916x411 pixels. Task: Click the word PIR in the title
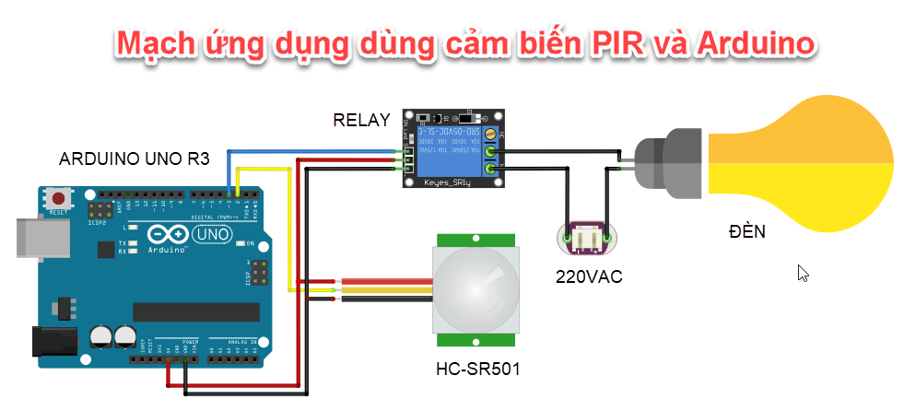tap(619, 43)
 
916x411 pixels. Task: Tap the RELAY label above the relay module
tap(361, 120)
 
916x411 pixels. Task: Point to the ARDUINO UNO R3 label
tap(135, 159)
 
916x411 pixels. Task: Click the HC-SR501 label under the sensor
tap(477, 370)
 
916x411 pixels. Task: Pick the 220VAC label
tap(588, 276)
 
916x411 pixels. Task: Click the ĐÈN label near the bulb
tap(746, 231)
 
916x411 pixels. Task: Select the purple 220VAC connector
tap(584, 239)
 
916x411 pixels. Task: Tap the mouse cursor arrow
tap(803, 274)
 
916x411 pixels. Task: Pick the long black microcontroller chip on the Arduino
tap(191, 313)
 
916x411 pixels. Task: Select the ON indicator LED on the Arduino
tap(239, 244)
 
